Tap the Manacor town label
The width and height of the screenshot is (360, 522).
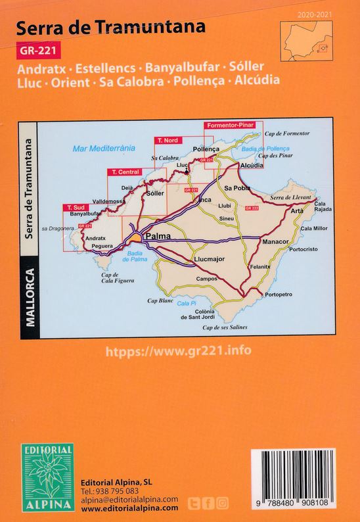[276, 242]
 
